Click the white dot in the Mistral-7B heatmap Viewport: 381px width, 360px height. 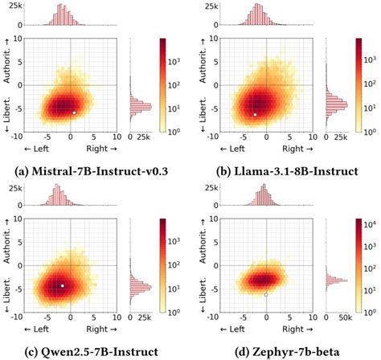pos(74,112)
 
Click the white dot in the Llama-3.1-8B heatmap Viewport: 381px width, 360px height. pos(255,115)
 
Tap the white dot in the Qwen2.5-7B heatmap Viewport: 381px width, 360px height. pos(63,285)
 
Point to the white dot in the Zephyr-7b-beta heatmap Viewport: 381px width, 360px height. pos(266,295)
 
